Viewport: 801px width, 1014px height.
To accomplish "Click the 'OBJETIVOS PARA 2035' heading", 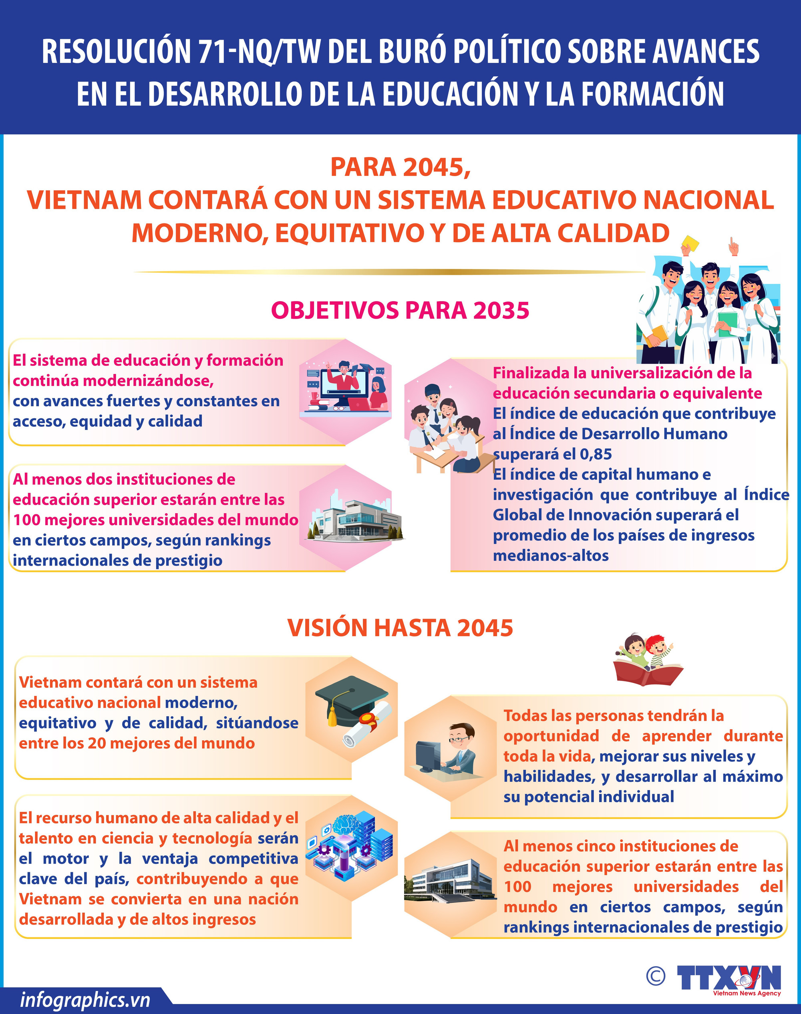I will tap(400, 310).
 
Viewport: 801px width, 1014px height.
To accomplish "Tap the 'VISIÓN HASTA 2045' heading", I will tap(400, 628).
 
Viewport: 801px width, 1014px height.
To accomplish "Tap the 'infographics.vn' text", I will tap(85, 1000).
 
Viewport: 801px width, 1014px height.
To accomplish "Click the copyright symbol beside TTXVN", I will tap(655, 976).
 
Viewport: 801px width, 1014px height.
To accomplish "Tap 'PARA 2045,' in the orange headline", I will tap(400, 167).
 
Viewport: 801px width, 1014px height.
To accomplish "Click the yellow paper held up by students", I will tap(690, 244).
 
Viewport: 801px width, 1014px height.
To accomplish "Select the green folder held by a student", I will tap(727, 323).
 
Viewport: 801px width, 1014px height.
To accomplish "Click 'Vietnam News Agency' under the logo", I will tap(747, 993).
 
